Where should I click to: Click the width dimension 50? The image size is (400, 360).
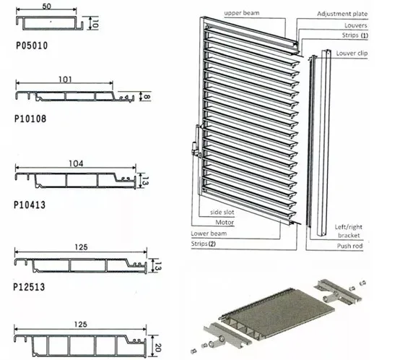coord(45,7)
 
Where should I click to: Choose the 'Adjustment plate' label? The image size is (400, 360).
coord(344,14)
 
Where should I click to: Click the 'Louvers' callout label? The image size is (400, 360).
coord(354,25)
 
